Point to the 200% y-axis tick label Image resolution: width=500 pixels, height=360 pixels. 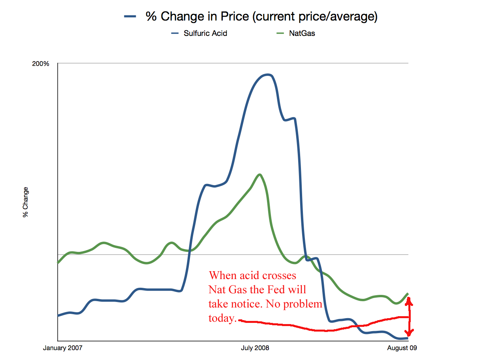[x=40, y=64]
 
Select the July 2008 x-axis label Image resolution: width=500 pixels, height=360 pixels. [x=255, y=348]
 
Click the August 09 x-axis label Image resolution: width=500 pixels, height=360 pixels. [x=402, y=348]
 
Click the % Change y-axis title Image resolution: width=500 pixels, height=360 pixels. [x=26, y=202]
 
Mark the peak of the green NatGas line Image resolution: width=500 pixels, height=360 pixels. [x=259, y=174]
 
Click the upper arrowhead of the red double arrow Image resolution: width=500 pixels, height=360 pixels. [x=410, y=302]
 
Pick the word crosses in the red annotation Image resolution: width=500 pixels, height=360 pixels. [x=278, y=275]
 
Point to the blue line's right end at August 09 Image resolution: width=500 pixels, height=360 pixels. [x=407, y=338]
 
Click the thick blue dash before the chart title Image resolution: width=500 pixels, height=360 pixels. [x=130, y=17]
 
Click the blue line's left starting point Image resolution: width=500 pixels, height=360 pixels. [x=58, y=316]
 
